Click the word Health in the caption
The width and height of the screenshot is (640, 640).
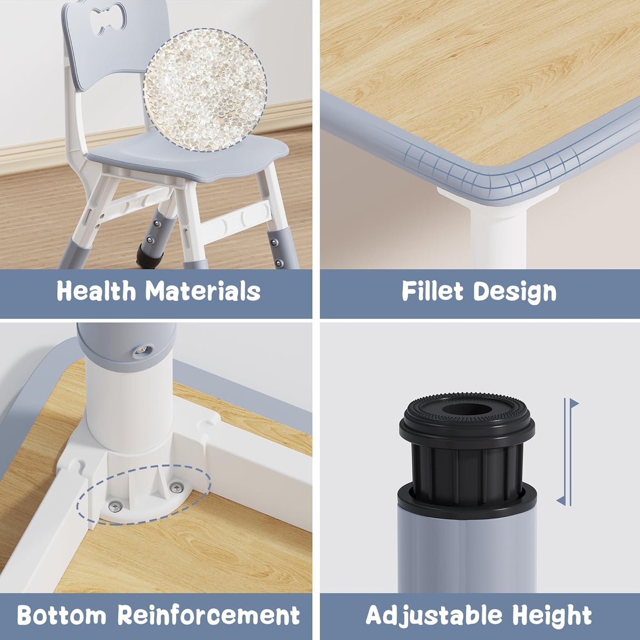tap(96, 291)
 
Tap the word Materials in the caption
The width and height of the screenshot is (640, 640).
tap(203, 291)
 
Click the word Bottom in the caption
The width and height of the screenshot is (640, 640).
tap(62, 615)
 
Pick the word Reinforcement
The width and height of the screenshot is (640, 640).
tap(209, 615)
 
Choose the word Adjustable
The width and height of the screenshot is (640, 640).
tap(433, 616)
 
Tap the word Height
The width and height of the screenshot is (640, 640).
tap(552, 616)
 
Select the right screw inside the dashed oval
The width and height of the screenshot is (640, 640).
tap(177, 488)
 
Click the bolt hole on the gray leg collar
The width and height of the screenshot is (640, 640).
tap(142, 350)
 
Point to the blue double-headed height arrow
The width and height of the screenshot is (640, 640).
tap(567, 452)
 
